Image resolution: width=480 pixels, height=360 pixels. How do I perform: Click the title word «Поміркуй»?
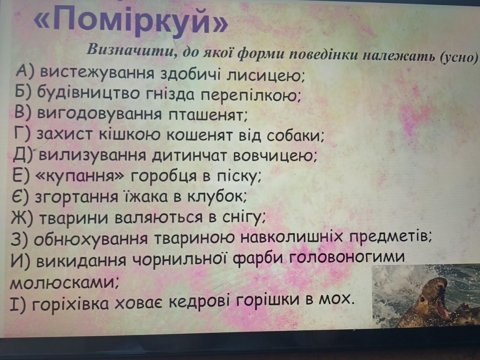tap(131, 21)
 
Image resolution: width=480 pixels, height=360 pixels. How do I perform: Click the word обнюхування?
tap(91, 239)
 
